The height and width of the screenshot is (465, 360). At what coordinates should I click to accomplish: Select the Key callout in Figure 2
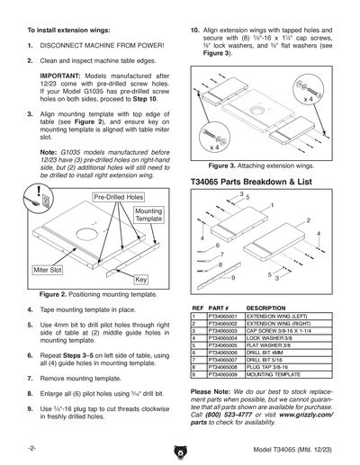pyautogui.click(x=140, y=280)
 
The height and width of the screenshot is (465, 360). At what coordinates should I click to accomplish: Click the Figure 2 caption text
pyautogui.click(x=97, y=295)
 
